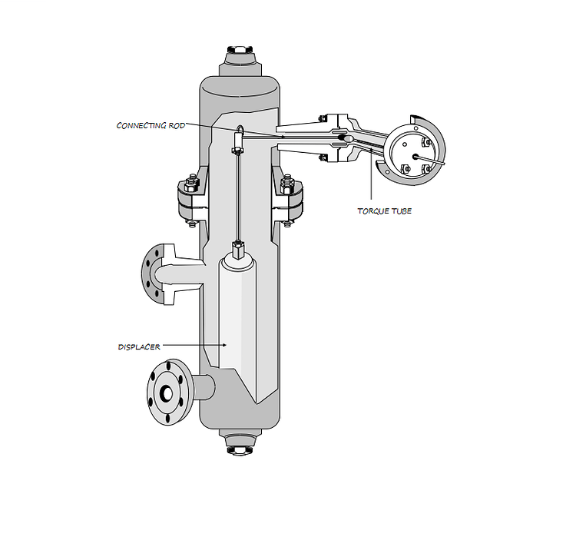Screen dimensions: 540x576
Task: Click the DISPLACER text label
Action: tap(139, 346)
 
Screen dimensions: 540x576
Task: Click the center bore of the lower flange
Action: tap(167, 393)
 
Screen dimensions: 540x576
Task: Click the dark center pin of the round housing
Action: tap(415, 156)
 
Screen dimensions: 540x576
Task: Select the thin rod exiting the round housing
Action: tap(434, 161)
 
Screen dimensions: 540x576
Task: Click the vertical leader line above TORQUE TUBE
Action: tap(372, 181)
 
